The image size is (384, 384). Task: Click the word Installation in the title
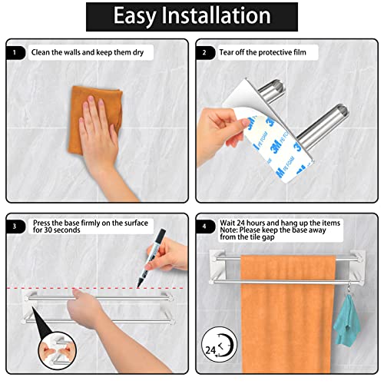216,15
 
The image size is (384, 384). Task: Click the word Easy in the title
134,17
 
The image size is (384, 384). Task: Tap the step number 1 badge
15,53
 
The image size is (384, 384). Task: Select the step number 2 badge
205,53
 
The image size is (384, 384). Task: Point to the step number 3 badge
15,227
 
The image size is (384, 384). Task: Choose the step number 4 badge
205,227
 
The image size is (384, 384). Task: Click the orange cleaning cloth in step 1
94,121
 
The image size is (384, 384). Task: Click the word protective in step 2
275,52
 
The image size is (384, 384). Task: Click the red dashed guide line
95,288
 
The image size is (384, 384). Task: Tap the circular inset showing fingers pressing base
58,350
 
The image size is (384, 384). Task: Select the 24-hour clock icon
220,344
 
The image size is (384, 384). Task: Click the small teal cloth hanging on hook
347,320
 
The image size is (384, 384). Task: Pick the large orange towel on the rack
288,314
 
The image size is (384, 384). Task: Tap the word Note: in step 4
228,230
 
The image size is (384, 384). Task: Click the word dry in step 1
138,53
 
